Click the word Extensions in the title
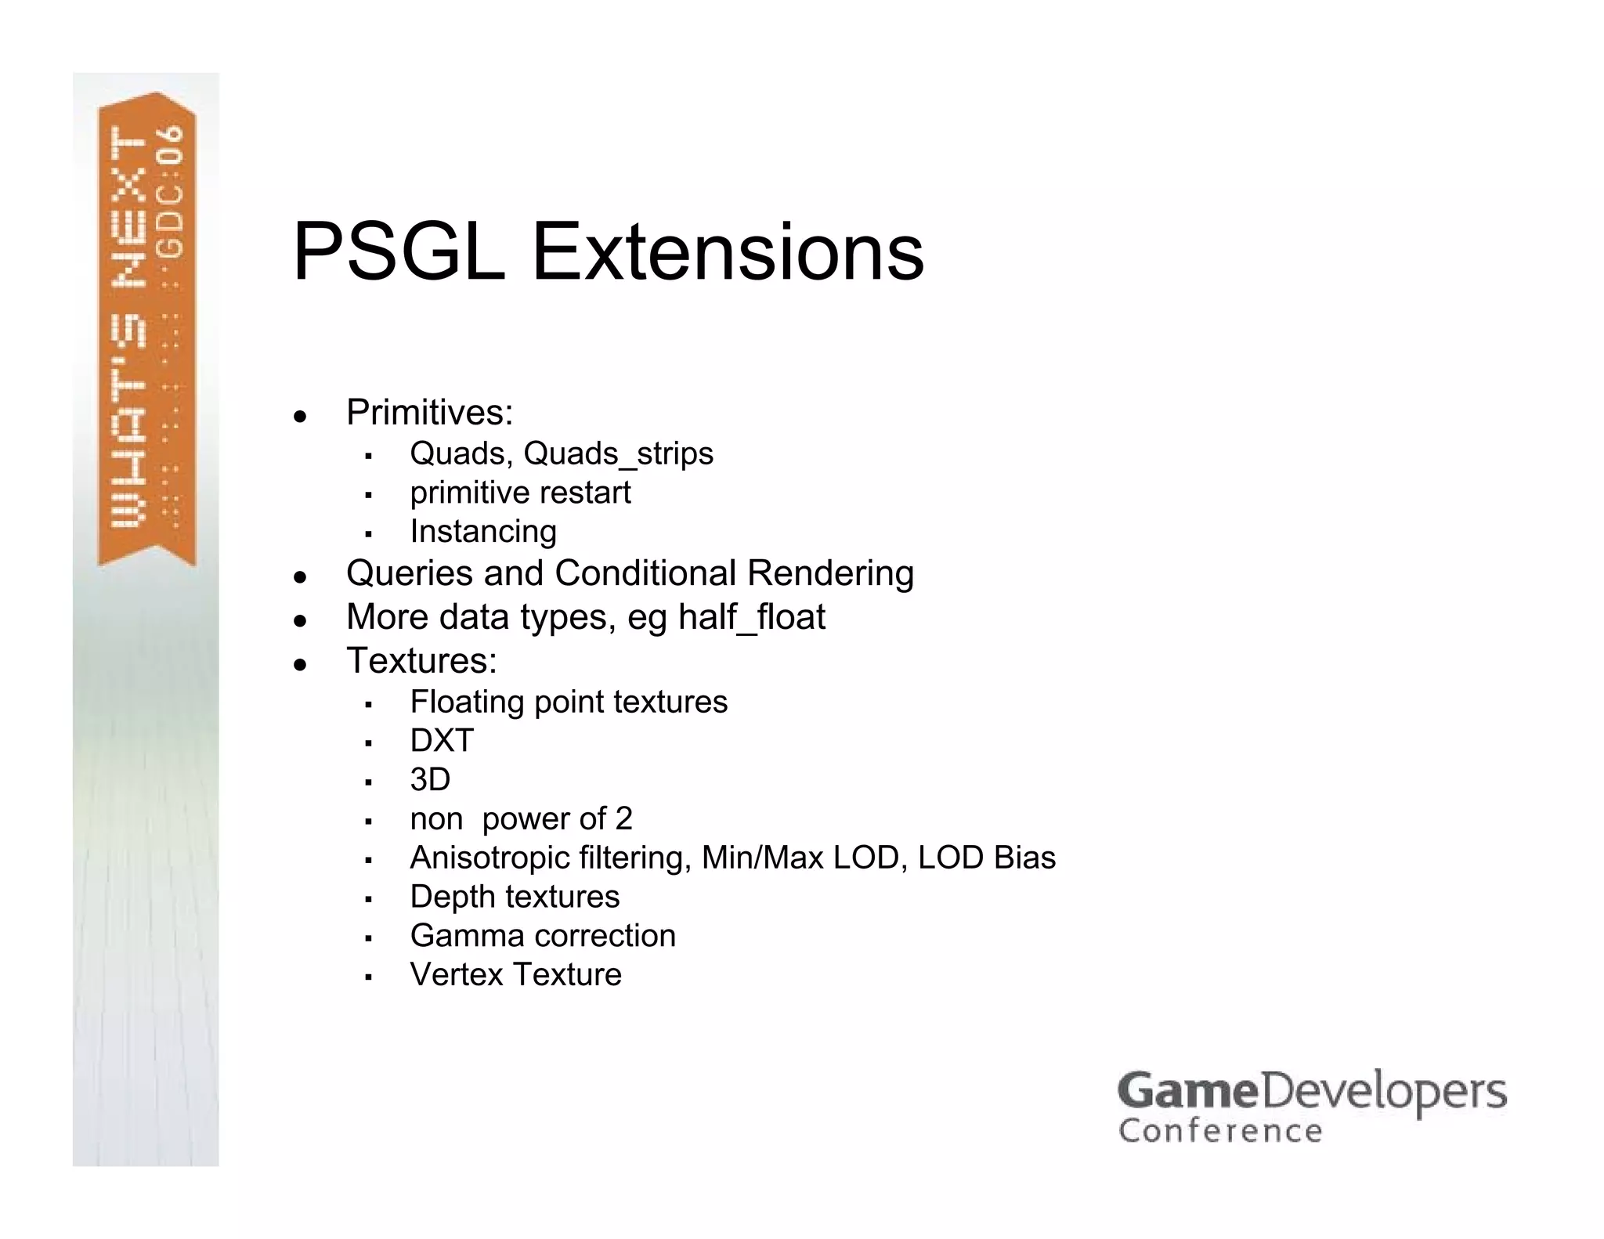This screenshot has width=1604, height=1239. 728,252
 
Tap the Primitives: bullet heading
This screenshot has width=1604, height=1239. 429,413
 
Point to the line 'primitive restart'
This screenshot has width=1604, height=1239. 520,493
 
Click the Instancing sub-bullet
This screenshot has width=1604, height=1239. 483,532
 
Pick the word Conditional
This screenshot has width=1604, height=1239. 645,573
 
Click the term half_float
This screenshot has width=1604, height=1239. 751,617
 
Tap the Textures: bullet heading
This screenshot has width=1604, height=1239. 421,661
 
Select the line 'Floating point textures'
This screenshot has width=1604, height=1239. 569,702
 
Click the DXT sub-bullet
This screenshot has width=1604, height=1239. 442,741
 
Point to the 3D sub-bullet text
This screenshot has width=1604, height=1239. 430,780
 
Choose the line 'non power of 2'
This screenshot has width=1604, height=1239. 521,819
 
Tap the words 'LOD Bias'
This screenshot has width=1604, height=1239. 987,858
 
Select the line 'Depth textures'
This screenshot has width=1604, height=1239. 515,897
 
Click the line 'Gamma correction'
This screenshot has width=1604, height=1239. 543,936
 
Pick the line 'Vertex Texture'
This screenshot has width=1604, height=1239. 515,975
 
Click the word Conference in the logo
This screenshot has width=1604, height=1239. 1220,1132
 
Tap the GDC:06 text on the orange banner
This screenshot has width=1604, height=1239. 172,192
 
